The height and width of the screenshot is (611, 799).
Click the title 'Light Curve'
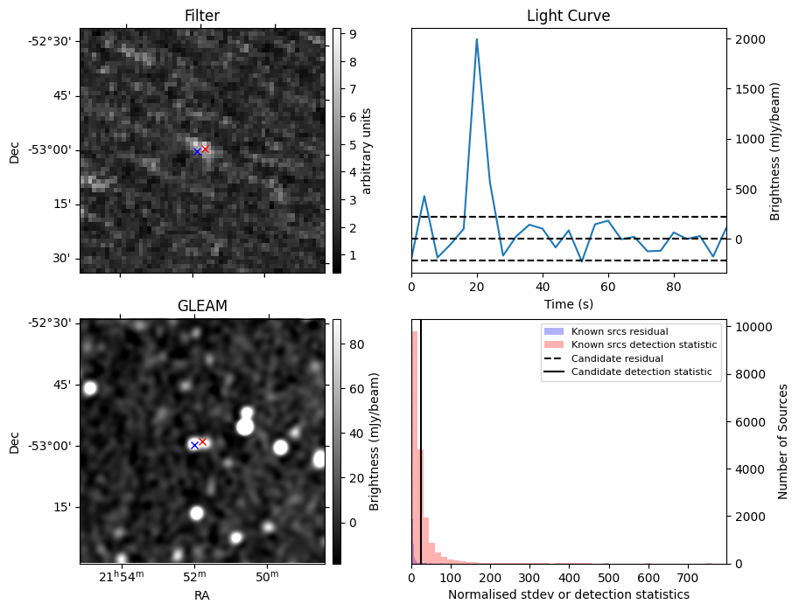(x=568, y=16)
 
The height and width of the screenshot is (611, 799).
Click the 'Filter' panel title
(x=201, y=16)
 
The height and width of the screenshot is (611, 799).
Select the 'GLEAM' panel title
(x=201, y=306)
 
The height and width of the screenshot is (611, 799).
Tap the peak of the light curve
(x=476, y=39)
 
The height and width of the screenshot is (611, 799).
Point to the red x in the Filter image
(x=206, y=149)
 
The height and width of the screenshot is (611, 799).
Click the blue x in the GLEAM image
(x=194, y=446)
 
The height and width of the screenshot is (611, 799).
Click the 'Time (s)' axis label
(x=568, y=302)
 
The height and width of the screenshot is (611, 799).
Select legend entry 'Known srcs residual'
(x=619, y=331)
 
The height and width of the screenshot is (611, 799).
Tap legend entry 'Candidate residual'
(x=617, y=358)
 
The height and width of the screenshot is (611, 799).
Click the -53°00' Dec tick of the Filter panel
(x=53, y=150)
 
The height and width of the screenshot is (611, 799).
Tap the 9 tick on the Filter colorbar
(x=347, y=35)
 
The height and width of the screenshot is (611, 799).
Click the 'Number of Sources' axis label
(x=782, y=441)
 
